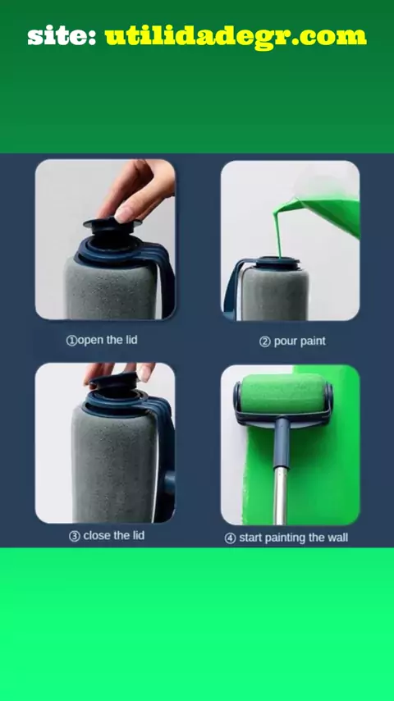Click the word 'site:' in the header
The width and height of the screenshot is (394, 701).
62,36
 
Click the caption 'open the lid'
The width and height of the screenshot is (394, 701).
108,340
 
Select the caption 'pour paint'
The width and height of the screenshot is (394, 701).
300,341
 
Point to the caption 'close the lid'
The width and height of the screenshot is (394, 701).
113,535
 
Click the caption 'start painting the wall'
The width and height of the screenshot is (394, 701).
293,538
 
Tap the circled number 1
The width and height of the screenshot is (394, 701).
71,341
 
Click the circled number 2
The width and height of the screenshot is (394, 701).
265,342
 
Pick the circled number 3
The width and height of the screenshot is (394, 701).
74,535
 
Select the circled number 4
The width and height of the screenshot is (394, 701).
231,538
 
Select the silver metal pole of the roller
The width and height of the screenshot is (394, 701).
281,497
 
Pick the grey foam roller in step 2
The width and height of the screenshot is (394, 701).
275,294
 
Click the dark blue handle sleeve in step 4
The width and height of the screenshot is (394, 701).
282,442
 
